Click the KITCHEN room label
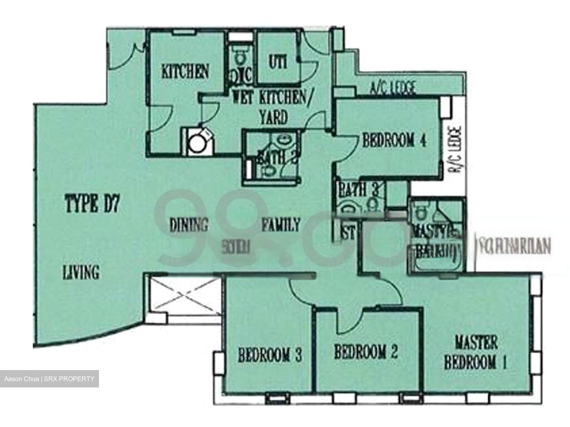tap(185, 72)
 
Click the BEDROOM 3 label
tap(270, 355)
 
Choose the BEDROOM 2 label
tap(365, 352)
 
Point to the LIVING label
tap(81, 272)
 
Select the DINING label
tap(188, 225)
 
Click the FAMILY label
tap(281, 225)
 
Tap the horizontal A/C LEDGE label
tap(393, 87)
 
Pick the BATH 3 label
tap(358, 190)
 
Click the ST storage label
tap(348, 233)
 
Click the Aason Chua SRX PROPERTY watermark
tap(49, 379)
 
